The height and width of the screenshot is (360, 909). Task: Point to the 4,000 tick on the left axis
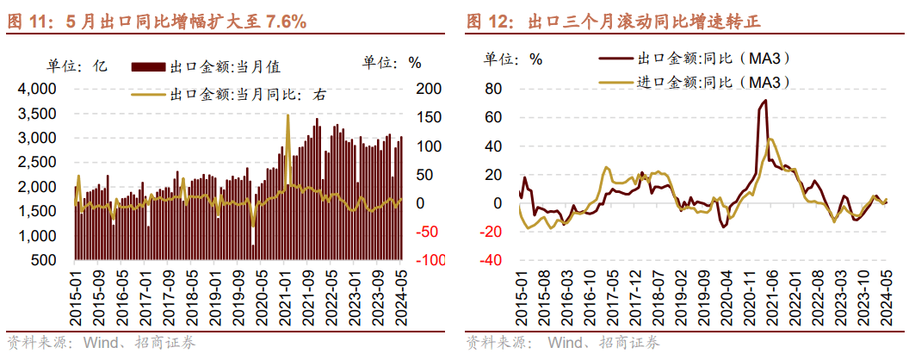coord(37,89)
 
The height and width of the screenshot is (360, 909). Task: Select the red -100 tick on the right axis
coord(430,260)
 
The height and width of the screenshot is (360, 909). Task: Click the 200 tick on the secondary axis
coord(428,89)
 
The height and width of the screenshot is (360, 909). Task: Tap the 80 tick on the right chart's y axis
coord(493,89)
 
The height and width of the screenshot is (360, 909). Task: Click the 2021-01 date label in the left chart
coord(284,297)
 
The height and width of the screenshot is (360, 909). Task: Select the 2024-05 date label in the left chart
coord(400,297)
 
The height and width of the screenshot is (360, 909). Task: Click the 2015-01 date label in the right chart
coord(521,297)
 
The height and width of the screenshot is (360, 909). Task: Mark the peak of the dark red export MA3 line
coord(764,101)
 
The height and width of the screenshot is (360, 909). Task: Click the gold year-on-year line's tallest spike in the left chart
coord(288,115)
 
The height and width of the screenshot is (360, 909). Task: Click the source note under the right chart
coord(563,344)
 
